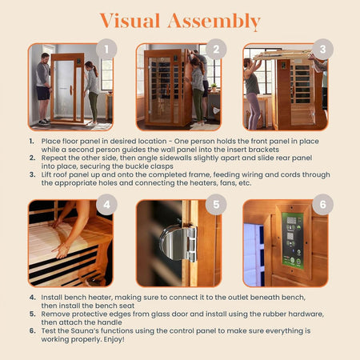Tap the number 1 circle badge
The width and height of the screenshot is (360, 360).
(x=106, y=49)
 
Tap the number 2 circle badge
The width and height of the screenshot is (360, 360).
(x=215, y=49)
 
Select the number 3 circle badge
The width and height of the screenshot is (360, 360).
(x=322, y=49)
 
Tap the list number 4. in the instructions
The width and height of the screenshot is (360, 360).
(x=31, y=297)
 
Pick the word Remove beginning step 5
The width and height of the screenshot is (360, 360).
(x=57, y=314)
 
